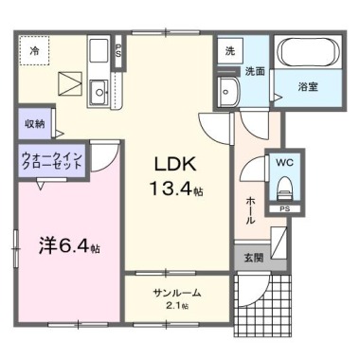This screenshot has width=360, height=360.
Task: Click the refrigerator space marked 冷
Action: [34, 49]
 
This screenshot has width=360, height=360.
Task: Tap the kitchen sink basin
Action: [98, 91]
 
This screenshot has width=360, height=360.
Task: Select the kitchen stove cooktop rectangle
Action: [98, 50]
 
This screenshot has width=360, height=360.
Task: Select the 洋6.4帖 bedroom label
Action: [69, 246]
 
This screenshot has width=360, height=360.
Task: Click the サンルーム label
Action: [176, 292]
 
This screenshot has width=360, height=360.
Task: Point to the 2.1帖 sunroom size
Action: [177, 306]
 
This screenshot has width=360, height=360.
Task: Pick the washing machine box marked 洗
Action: [229, 51]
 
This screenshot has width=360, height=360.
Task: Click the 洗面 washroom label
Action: [255, 72]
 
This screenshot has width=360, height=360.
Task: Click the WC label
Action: [285, 162]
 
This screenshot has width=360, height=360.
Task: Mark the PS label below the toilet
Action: [284, 208]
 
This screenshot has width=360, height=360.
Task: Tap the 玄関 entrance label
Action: [252, 257]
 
